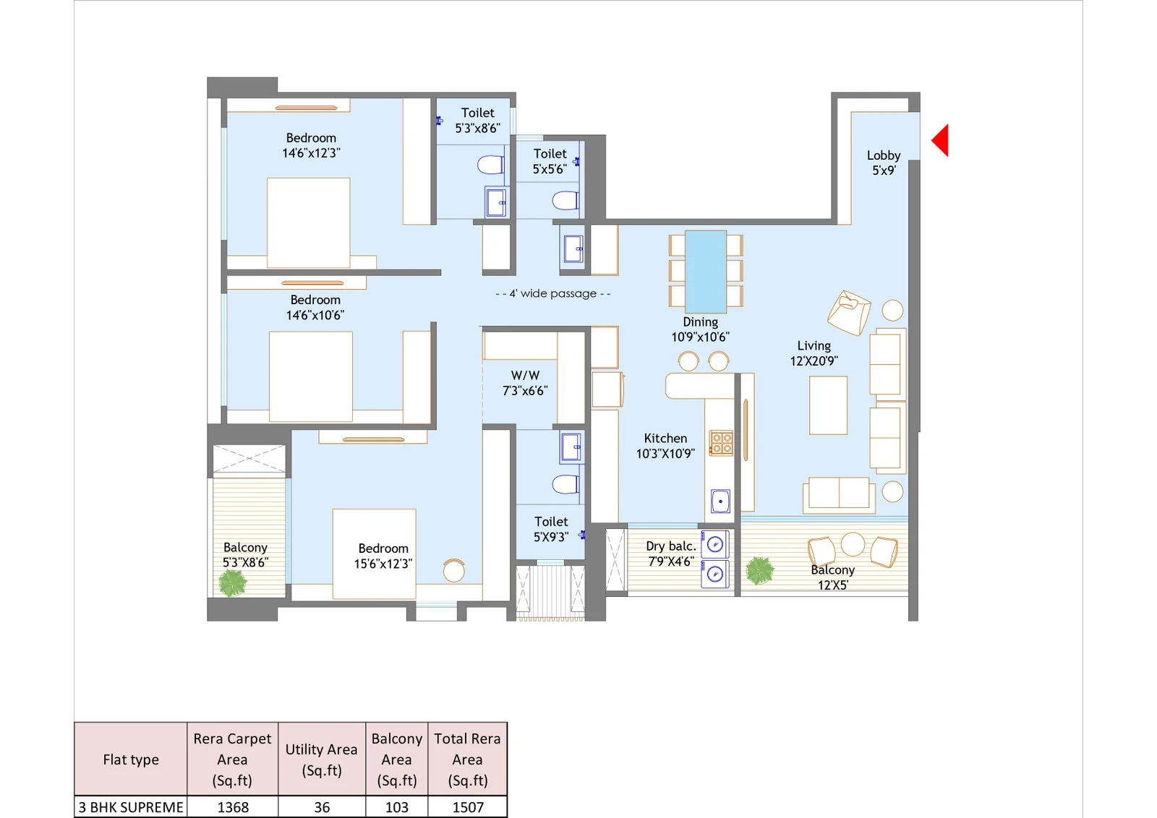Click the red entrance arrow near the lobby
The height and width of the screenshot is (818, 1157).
942,140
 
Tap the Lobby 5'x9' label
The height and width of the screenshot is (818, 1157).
883,163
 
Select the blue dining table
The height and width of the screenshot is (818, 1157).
705,271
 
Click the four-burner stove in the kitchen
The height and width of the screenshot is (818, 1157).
721,443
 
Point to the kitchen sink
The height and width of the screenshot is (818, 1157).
720,501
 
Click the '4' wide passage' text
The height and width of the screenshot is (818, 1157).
553,293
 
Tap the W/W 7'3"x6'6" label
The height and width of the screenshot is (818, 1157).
525,383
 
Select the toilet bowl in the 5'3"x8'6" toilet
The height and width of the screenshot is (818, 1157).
491,165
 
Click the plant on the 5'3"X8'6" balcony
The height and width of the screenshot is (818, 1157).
233,582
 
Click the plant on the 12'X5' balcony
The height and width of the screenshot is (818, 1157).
760,570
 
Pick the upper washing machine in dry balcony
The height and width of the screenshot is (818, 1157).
715,545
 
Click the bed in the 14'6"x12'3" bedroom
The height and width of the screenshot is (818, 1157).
309,223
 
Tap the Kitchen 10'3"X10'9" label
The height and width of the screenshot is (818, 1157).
665,446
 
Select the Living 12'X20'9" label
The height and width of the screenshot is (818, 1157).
814,353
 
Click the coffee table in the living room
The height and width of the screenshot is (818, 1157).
828,405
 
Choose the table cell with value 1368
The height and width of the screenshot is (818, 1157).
233,807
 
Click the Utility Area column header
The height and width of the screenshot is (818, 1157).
322,759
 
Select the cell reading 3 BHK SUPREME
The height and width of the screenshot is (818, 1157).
131,807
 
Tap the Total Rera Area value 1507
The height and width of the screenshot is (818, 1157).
468,807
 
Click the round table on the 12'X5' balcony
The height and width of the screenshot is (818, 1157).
853,543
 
